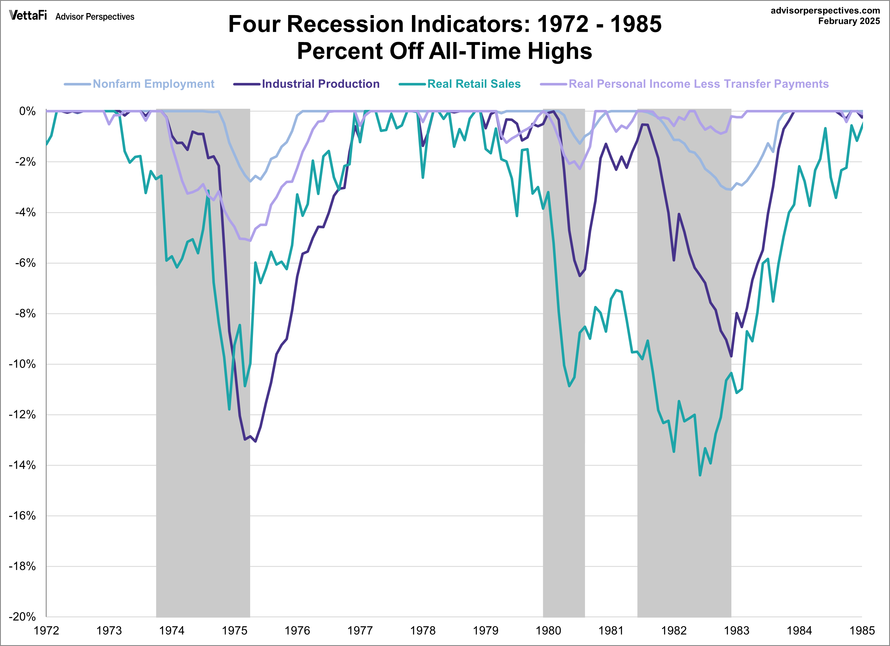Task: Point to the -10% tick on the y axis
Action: (22, 364)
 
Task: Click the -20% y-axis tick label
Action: (22, 616)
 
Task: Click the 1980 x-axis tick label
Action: (548, 631)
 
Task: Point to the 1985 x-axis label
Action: (862, 631)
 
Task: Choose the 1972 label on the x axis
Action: (46, 631)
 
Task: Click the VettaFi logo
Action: (28, 16)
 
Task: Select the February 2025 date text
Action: (849, 21)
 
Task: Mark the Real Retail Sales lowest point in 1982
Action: (700, 475)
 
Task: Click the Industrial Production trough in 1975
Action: (256, 441)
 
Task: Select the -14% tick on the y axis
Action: (22, 465)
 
